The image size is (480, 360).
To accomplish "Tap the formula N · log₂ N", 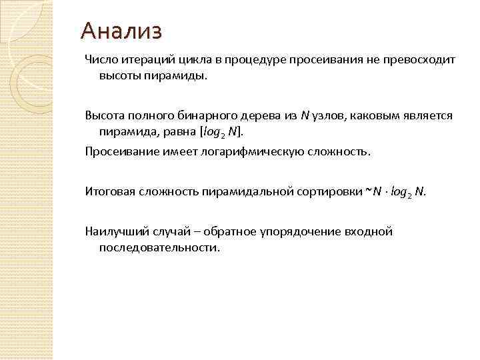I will click(x=399, y=192).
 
